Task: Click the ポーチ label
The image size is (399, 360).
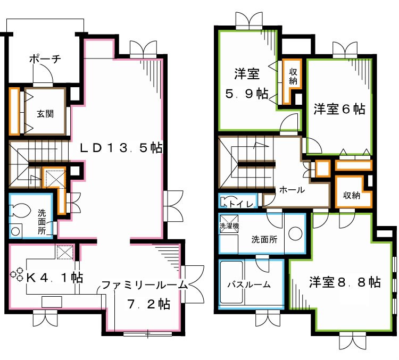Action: (x=45, y=59)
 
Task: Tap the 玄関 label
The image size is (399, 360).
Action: (x=45, y=113)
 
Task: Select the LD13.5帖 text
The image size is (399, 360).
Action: (x=121, y=148)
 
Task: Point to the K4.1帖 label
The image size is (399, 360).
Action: (x=54, y=277)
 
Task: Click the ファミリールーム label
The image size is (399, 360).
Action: (x=145, y=285)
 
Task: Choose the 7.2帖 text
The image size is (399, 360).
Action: (x=148, y=305)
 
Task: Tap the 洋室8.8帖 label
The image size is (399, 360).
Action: (x=344, y=282)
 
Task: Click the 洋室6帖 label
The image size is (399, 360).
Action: (x=339, y=109)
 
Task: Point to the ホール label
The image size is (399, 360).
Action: (x=292, y=189)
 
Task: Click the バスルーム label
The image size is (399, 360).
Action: (x=248, y=284)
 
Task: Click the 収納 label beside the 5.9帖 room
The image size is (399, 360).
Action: (x=293, y=76)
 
